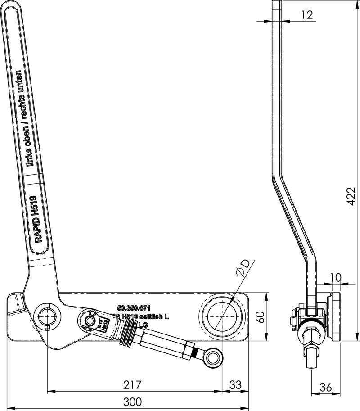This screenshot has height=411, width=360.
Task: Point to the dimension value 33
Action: [235, 385]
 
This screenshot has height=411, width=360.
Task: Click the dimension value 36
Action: [327, 387]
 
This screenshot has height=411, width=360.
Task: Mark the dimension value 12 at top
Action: [307, 15]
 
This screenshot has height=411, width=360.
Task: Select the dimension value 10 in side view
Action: [336, 277]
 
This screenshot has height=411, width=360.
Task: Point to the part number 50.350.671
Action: [133, 308]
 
